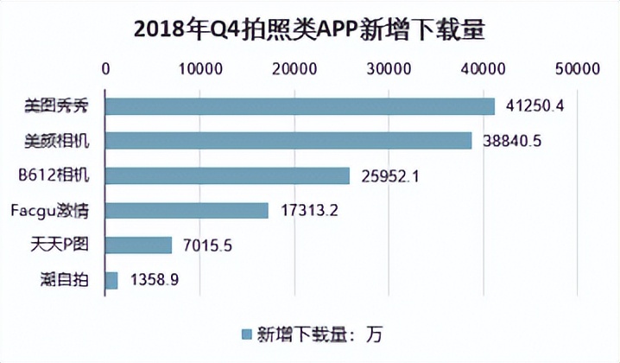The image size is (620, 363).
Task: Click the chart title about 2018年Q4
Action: (x=310, y=29)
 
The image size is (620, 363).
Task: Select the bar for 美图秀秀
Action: (x=300, y=106)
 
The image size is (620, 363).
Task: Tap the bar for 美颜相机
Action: (x=288, y=141)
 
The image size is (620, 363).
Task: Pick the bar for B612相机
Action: (x=228, y=175)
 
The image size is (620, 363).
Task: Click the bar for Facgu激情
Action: (x=187, y=210)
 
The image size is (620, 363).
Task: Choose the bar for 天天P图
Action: (x=139, y=245)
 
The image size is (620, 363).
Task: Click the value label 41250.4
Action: (x=534, y=106)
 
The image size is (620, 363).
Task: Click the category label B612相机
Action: (x=63, y=175)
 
